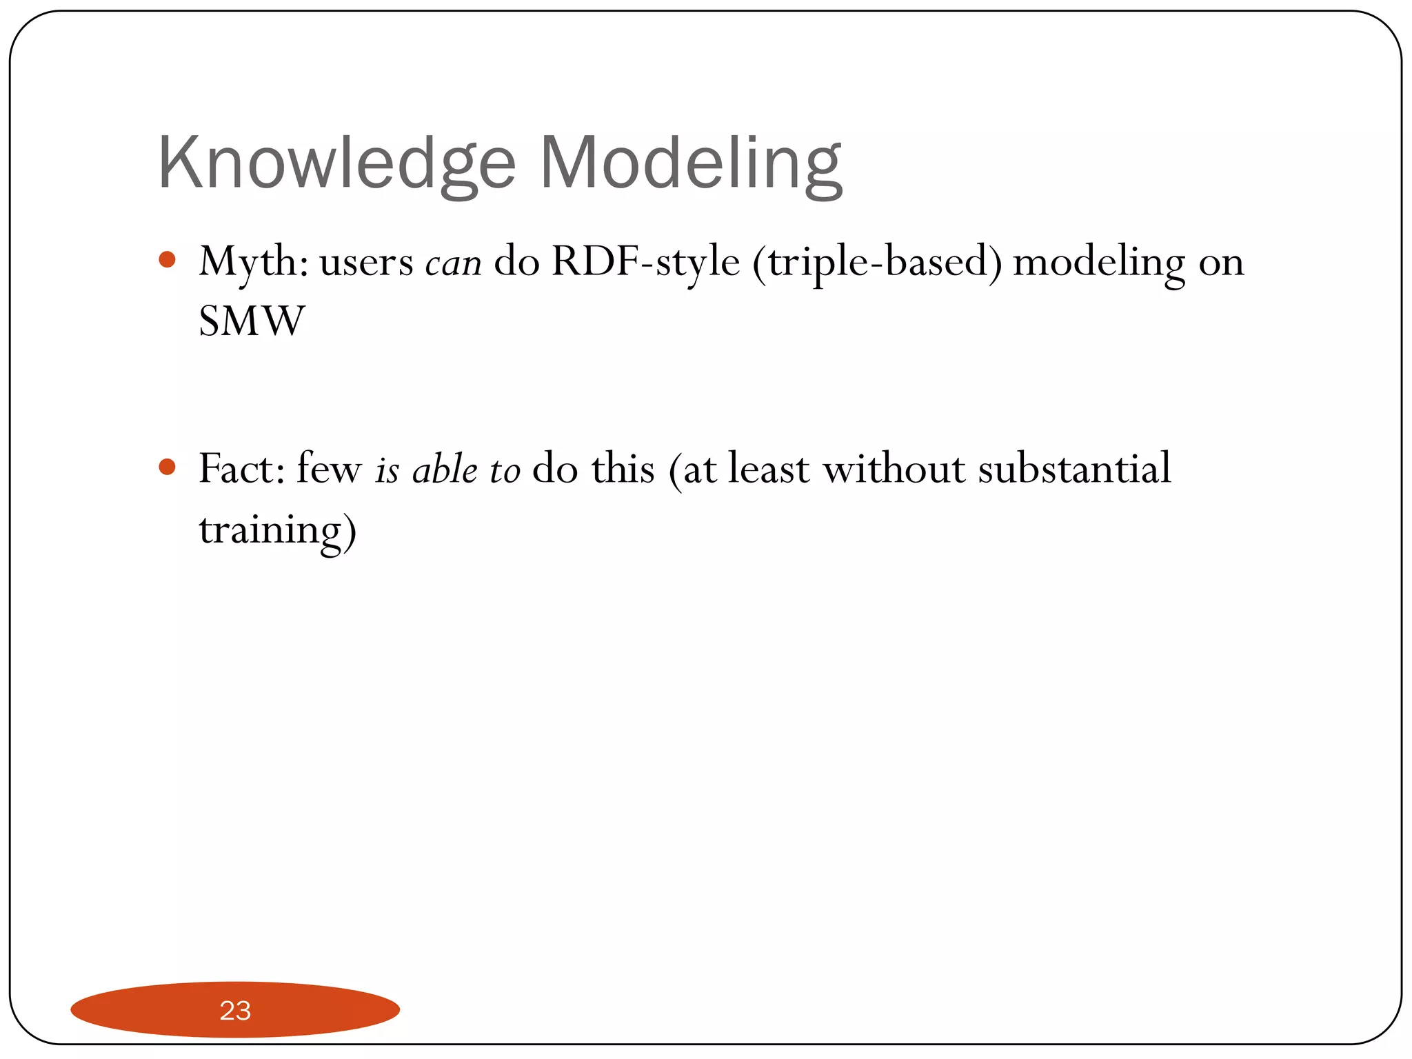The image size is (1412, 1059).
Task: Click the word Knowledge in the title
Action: tap(336, 163)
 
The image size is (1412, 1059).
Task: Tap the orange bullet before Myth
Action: tap(167, 260)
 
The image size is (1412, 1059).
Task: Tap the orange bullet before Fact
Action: tap(167, 467)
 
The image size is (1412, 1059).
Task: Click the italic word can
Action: tap(453, 263)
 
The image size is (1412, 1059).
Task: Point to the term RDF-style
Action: tap(646, 262)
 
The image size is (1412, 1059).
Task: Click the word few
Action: tap(329, 469)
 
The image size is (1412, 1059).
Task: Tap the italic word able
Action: tap(445, 470)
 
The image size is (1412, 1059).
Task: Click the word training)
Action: tap(277, 529)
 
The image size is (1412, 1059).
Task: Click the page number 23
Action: tap(235, 1011)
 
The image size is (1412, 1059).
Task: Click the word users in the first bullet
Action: tap(366, 263)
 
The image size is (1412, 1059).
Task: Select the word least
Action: tap(768, 469)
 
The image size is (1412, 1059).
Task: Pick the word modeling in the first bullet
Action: tap(1099, 263)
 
